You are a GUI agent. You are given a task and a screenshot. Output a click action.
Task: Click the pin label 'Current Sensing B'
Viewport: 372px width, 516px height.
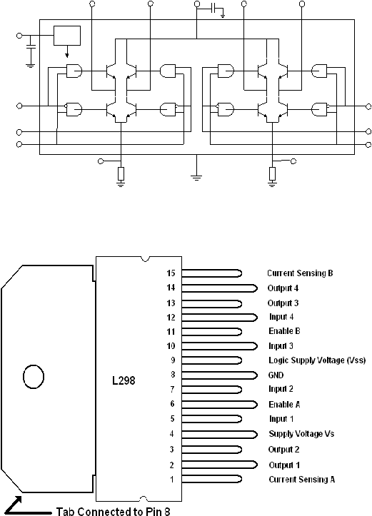(300, 273)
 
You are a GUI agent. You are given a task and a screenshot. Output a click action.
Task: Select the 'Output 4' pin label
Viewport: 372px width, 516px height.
(283, 288)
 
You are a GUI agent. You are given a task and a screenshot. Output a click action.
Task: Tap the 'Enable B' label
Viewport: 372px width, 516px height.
(284, 330)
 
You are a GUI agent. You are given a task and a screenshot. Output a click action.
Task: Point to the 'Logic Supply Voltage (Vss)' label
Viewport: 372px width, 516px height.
(317, 360)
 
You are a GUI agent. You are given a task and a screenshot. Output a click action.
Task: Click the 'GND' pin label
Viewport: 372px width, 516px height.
(276, 375)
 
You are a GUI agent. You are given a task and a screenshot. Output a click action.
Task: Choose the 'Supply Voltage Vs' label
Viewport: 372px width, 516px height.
(301, 434)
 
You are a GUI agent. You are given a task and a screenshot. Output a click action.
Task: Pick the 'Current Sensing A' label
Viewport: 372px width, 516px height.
(301, 480)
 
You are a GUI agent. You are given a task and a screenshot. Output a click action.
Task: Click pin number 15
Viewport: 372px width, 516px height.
(171, 273)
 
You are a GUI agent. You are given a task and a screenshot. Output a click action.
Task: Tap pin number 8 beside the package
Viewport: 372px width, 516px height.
(173, 375)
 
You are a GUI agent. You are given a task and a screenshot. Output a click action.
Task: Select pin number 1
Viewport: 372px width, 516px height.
(172, 480)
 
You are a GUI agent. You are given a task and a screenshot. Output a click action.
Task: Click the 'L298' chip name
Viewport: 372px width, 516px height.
(124, 380)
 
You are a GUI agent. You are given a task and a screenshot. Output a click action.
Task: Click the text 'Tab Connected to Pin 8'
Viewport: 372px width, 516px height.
(114, 511)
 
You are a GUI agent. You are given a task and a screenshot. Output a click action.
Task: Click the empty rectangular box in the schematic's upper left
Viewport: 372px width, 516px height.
(67, 36)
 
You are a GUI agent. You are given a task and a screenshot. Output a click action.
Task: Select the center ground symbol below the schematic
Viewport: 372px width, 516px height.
(196, 178)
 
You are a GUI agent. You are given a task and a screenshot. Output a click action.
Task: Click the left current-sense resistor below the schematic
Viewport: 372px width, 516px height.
(121, 173)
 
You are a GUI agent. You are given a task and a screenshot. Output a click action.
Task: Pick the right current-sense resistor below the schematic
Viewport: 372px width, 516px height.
(272, 173)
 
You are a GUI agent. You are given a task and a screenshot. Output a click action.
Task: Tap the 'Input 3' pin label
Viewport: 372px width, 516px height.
(281, 346)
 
